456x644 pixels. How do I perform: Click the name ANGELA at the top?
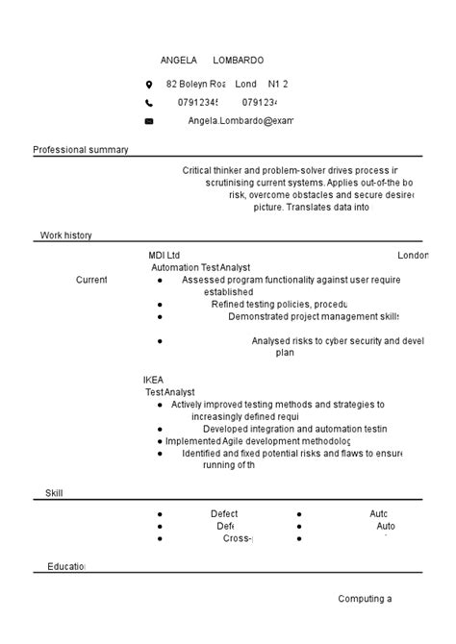click(x=178, y=61)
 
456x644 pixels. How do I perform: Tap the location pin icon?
click(x=149, y=85)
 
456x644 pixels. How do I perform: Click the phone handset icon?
click(x=149, y=103)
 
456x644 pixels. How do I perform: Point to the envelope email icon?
click(x=149, y=121)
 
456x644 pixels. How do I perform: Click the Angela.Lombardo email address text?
click(x=241, y=121)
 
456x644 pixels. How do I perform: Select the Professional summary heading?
click(x=81, y=150)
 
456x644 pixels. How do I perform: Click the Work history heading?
click(x=66, y=235)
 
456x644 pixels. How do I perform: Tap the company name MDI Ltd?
click(x=164, y=256)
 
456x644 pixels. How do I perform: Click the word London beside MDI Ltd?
click(x=412, y=256)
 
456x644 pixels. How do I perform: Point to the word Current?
click(x=91, y=280)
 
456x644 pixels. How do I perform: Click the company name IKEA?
click(x=154, y=381)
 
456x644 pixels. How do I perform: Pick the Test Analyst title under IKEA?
click(x=169, y=392)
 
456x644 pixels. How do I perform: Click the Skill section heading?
click(x=54, y=493)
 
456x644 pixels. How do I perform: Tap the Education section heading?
click(x=65, y=567)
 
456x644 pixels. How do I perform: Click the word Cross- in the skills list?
click(x=237, y=538)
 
